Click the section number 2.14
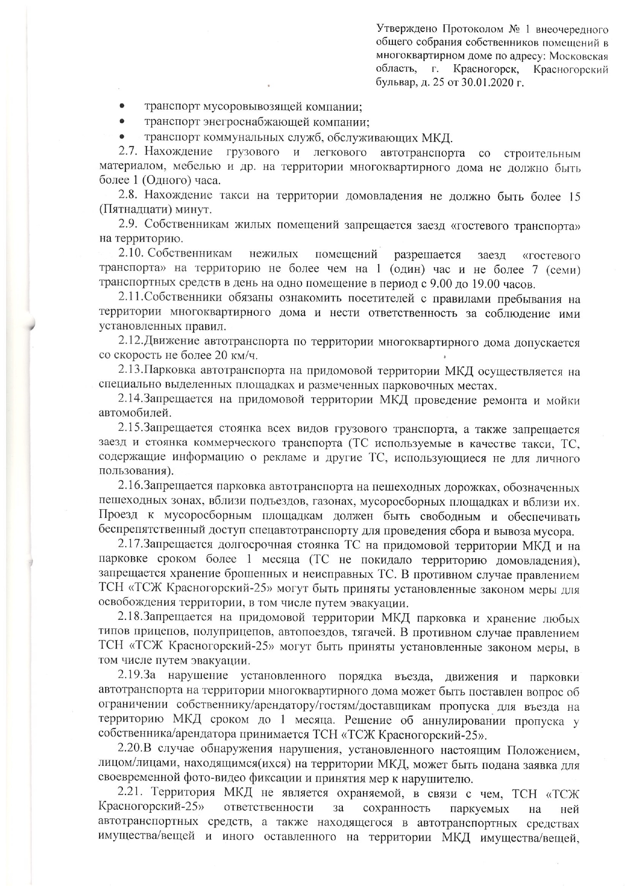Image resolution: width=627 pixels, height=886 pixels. click(x=130, y=400)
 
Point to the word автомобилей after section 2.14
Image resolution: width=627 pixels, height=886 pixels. click(x=137, y=414)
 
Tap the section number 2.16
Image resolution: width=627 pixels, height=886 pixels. click(x=130, y=487)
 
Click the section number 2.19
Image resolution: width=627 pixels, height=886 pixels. click(x=130, y=675)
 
